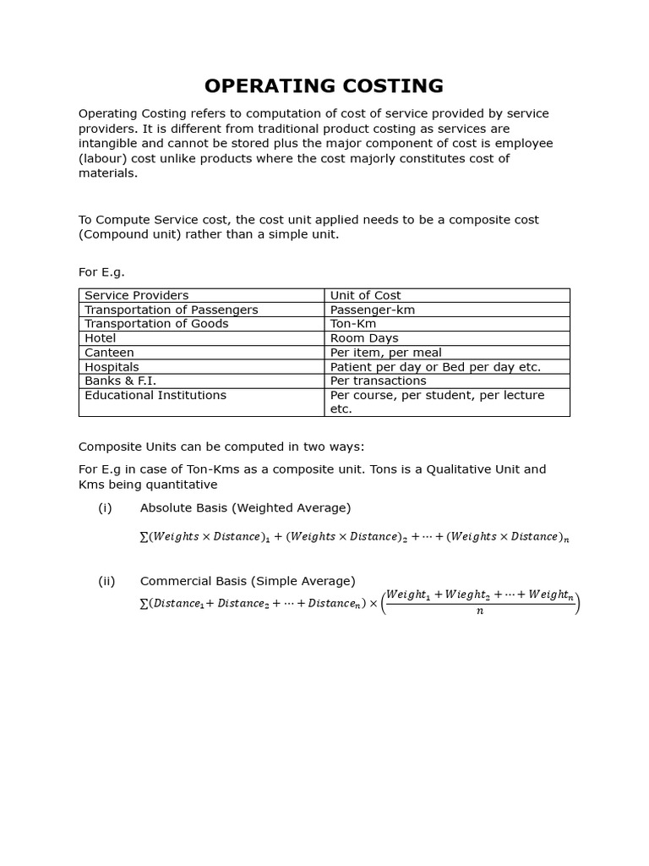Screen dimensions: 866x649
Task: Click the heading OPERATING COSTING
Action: click(x=324, y=85)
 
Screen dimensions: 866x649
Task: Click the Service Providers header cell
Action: click(x=137, y=295)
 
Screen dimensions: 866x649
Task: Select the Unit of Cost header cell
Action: click(x=365, y=295)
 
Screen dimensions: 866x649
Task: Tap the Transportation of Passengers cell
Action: click(x=171, y=310)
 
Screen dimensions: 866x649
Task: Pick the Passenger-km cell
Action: click(x=373, y=310)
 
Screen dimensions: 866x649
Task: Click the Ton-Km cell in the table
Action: click(x=353, y=324)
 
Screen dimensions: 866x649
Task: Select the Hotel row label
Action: click(x=101, y=338)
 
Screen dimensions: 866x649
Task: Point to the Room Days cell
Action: click(x=364, y=338)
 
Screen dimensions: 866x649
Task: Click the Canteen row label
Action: click(x=109, y=353)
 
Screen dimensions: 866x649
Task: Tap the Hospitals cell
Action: click(x=112, y=367)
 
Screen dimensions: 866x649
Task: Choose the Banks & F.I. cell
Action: click(x=120, y=381)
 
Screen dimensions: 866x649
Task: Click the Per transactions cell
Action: click(x=378, y=381)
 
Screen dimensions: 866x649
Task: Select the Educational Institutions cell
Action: click(x=155, y=395)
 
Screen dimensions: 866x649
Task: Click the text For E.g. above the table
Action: click(x=101, y=272)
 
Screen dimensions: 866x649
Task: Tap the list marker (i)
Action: click(x=105, y=507)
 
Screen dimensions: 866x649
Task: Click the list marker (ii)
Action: click(x=106, y=581)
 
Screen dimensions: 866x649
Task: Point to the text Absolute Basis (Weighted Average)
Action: click(x=245, y=507)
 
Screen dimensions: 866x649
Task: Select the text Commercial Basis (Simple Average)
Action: click(x=248, y=581)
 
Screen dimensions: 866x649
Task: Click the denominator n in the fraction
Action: click(x=480, y=611)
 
